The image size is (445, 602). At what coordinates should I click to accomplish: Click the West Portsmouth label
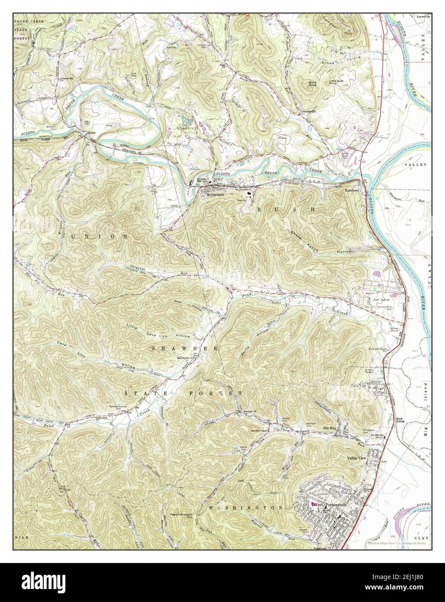[x=329, y=505]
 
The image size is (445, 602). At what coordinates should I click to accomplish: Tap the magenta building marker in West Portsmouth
[x=311, y=505]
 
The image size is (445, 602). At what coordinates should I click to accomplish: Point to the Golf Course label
[x=375, y=299]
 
